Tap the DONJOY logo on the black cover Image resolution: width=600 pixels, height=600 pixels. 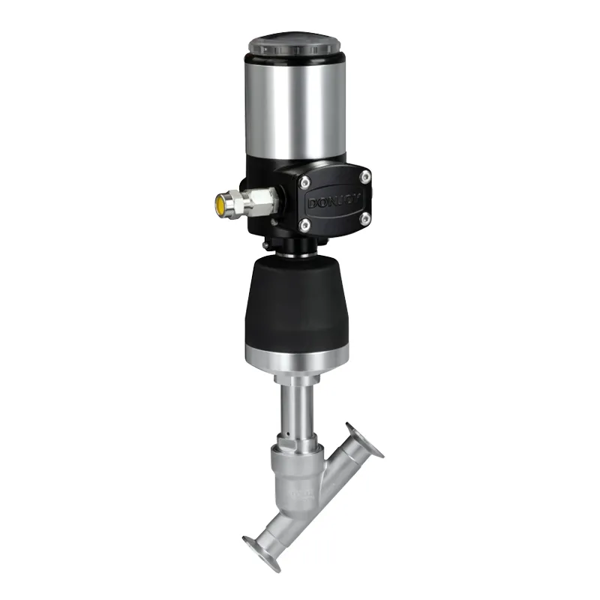click(333, 201)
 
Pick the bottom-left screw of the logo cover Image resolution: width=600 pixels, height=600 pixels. click(305, 225)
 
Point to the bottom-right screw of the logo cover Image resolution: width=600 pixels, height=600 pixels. click(365, 219)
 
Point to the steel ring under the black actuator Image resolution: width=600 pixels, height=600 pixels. click(295, 358)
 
